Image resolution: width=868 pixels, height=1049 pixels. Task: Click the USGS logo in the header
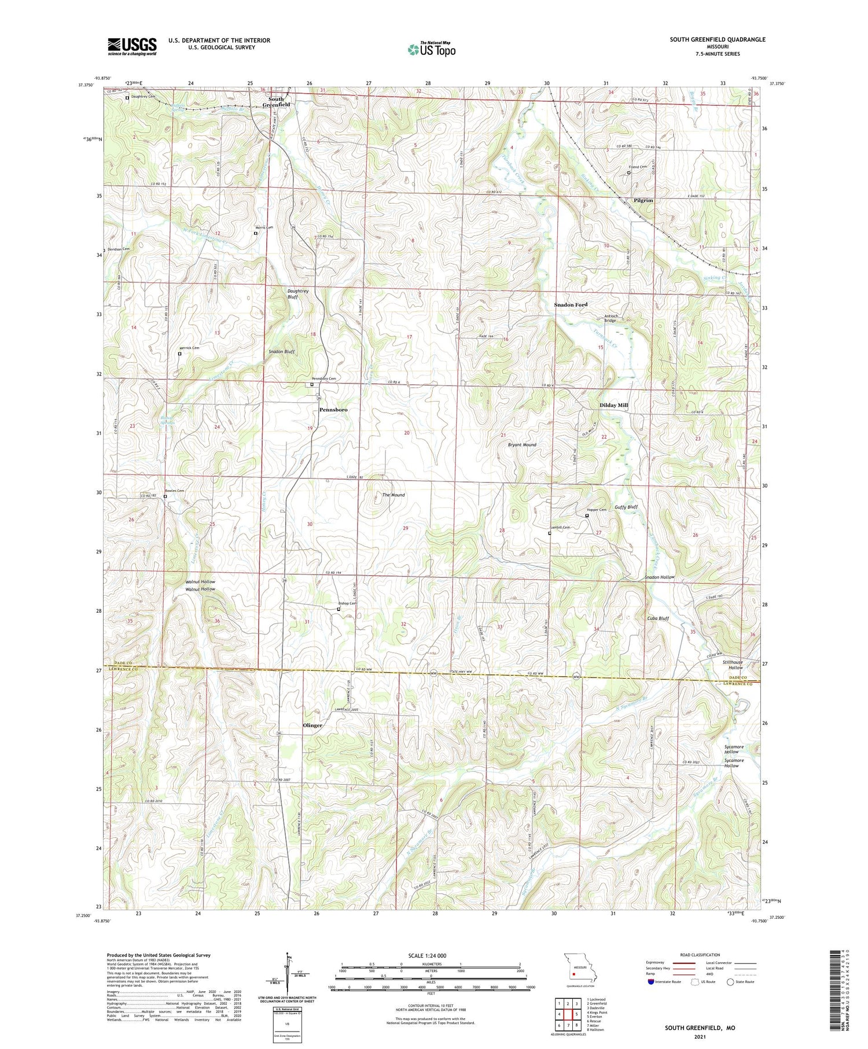(132, 46)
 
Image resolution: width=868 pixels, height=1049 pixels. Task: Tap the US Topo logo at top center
(431, 49)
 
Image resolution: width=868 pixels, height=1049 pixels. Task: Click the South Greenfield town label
(276, 102)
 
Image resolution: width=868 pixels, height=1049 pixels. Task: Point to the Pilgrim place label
(643, 200)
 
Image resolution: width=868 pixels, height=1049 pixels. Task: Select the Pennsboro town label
(333, 410)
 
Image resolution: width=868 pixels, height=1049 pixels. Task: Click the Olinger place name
(312, 725)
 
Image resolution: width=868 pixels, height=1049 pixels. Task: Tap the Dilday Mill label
(613, 406)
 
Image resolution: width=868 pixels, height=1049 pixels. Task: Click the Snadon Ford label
(571, 304)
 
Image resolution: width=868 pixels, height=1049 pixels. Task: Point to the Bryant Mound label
(522, 445)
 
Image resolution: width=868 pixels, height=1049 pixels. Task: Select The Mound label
(393, 495)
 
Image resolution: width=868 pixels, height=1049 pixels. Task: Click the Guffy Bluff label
(626, 507)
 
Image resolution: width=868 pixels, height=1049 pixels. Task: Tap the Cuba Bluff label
(658, 618)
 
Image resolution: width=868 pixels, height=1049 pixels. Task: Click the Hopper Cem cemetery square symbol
(587, 516)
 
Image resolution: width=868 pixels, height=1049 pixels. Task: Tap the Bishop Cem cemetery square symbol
(339, 609)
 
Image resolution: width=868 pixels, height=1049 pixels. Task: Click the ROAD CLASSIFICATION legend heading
(701, 955)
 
